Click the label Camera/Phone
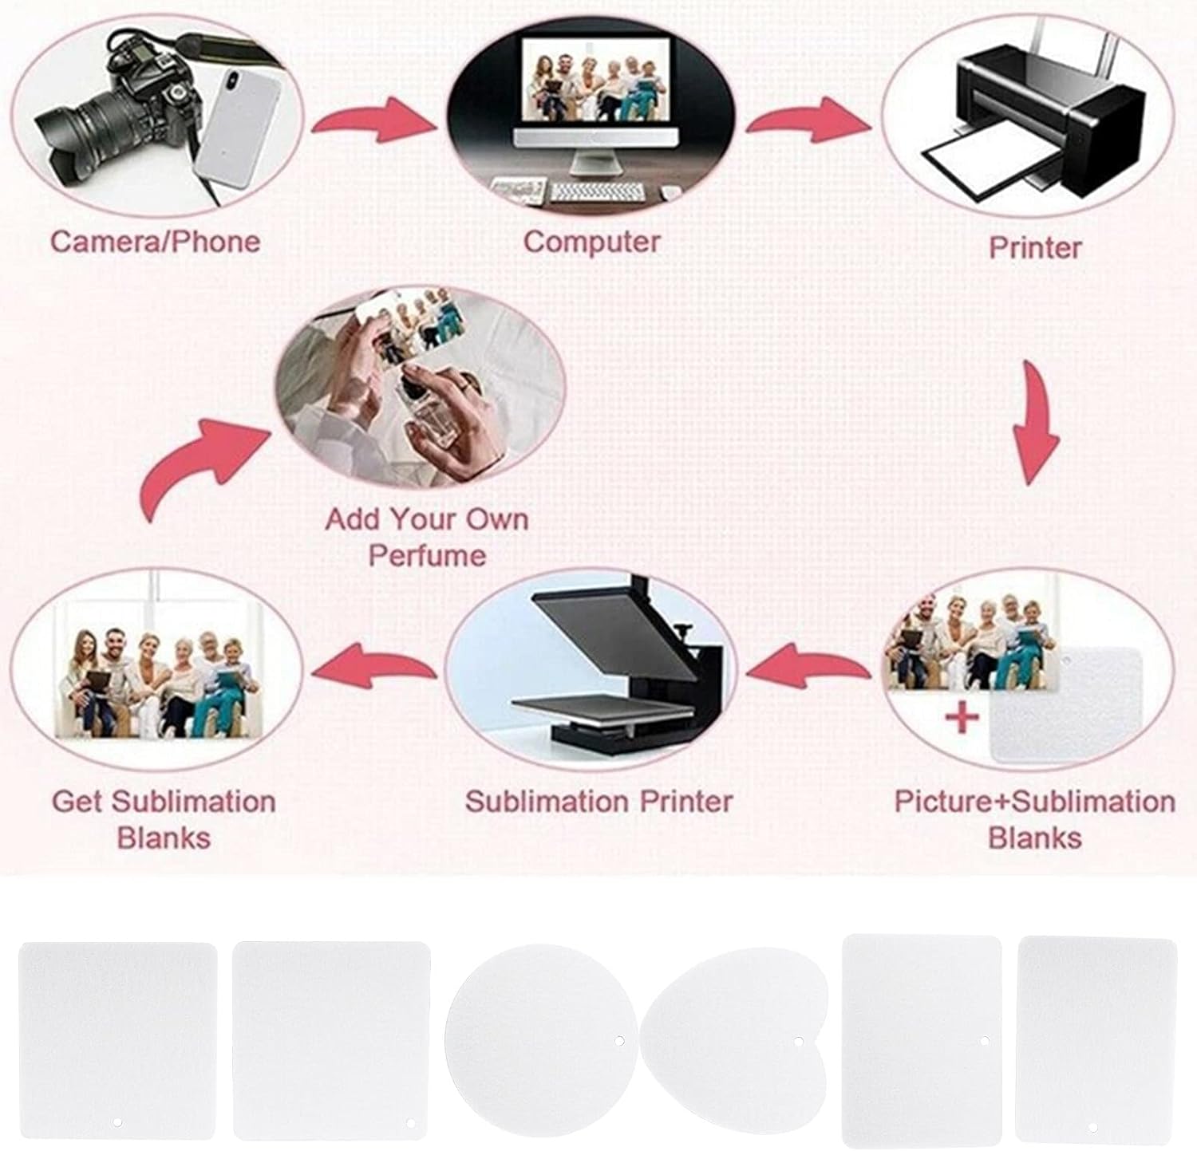point(155,241)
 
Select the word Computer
point(591,241)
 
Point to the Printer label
point(1034,246)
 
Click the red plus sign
point(962,717)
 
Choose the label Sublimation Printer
point(598,801)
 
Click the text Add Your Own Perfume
point(427,537)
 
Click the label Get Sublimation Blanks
point(164,819)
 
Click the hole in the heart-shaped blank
point(799,1041)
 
